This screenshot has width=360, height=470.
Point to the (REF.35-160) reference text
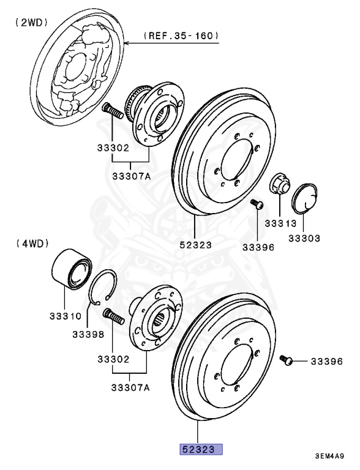pos(181,37)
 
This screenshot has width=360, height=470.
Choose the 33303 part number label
pos(304,237)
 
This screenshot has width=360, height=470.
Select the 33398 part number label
pos(88,335)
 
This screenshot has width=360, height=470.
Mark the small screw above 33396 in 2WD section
pos(257,204)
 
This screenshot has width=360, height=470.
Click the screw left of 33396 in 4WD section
pos(286,360)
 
